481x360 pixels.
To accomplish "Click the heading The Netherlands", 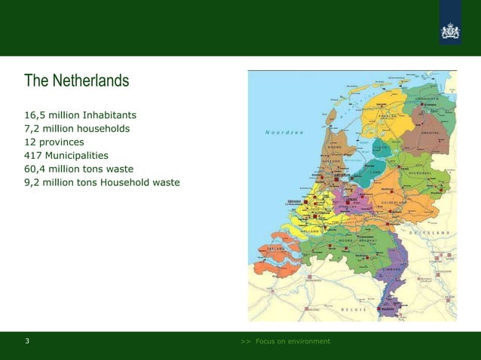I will coord(76,80).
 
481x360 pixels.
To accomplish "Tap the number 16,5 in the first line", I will coord(35,115).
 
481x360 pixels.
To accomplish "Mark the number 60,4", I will coord(35,168).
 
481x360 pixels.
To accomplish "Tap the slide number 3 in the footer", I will coord(28,341).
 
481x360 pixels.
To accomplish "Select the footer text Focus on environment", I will coord(293,341).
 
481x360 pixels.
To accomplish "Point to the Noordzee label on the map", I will coord(284,133).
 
